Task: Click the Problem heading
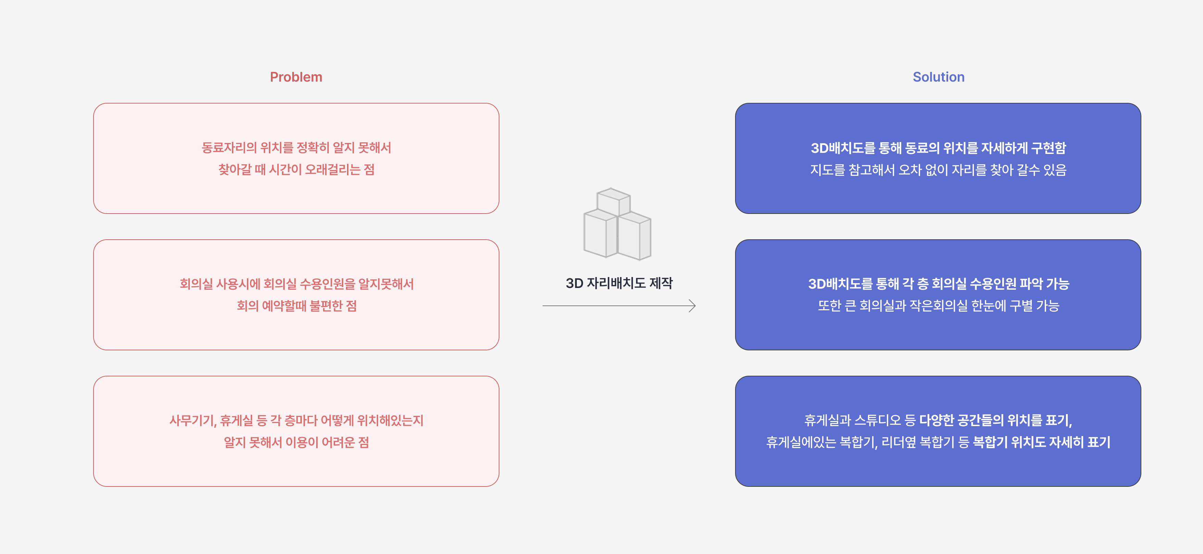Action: (x=296, y=77)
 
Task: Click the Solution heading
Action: (x=938, y=77)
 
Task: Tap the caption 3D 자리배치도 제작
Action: (x=619, y=283)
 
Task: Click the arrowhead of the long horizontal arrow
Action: (x=693, y=306)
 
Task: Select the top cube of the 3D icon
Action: (x=613, y=201)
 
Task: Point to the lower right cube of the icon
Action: (x=634, y=236)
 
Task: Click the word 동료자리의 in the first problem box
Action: (x=229, y=148)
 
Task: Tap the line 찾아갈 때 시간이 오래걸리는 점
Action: (x=296, y=170)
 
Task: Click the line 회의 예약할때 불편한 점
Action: (x=297, y=306)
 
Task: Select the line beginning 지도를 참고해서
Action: (x=938, y=170)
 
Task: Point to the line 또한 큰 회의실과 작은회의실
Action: (x=938, y=306)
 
